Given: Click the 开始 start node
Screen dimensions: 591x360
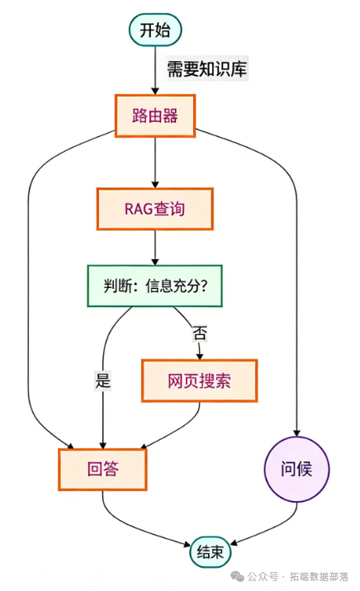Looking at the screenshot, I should [155, 31].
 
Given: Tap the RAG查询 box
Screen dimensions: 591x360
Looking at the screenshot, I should [155, 209].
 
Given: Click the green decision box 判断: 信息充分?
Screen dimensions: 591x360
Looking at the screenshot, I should [155, 286].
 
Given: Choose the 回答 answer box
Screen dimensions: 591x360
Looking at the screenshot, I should [102, 469].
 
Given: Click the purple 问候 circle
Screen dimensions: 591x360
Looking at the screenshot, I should [296, 470].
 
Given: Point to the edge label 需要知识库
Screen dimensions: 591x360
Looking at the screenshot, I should [206, 69].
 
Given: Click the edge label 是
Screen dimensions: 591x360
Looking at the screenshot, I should [102, 381].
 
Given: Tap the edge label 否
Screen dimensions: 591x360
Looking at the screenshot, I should [200, 333].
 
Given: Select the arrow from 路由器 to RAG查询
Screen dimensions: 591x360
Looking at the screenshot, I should [155, 162].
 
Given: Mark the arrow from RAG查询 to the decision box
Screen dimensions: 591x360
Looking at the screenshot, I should [155, 248].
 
